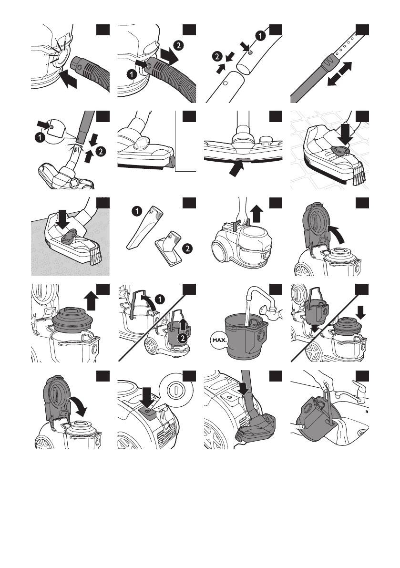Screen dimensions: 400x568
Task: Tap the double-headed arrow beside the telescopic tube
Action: [x=339, y=74]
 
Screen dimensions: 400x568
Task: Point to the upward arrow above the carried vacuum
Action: [x=256, y=213]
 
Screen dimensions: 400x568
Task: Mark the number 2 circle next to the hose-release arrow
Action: [x=178, y=45]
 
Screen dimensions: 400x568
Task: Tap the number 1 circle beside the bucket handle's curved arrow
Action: [x=160, y=299]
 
